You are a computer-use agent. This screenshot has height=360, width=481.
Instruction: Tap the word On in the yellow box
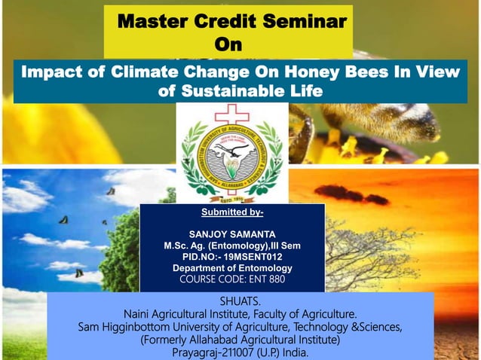[229, 45]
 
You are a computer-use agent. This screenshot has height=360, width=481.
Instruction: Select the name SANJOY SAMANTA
[232, 234]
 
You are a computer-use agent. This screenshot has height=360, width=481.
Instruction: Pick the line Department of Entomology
[232, 268]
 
